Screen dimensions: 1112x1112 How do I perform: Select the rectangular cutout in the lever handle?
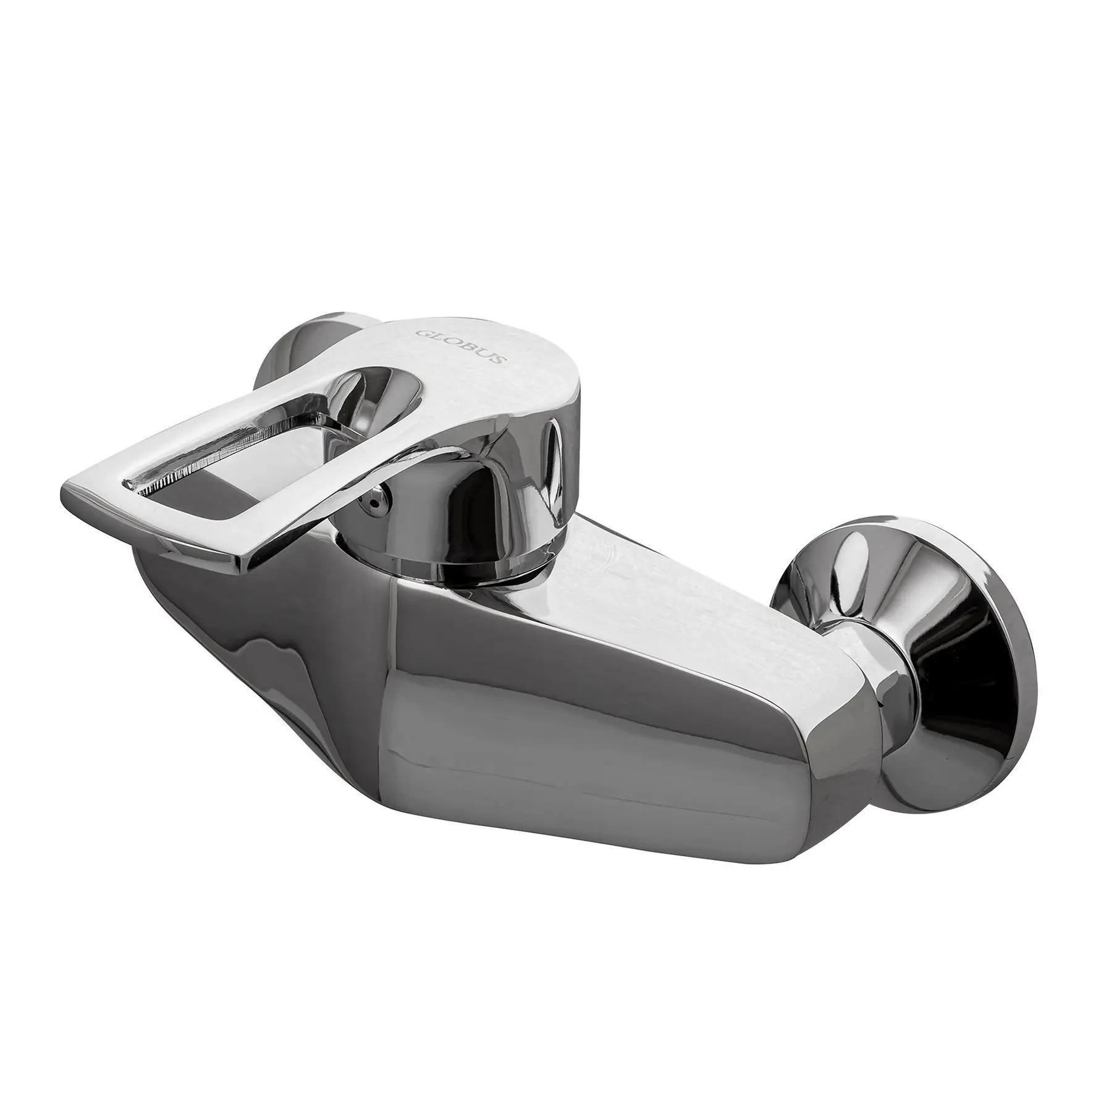pyautogui.click(x=247, y=457)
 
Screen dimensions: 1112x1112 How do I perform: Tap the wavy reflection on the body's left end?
pyautogui.click(x=278, y=649)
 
